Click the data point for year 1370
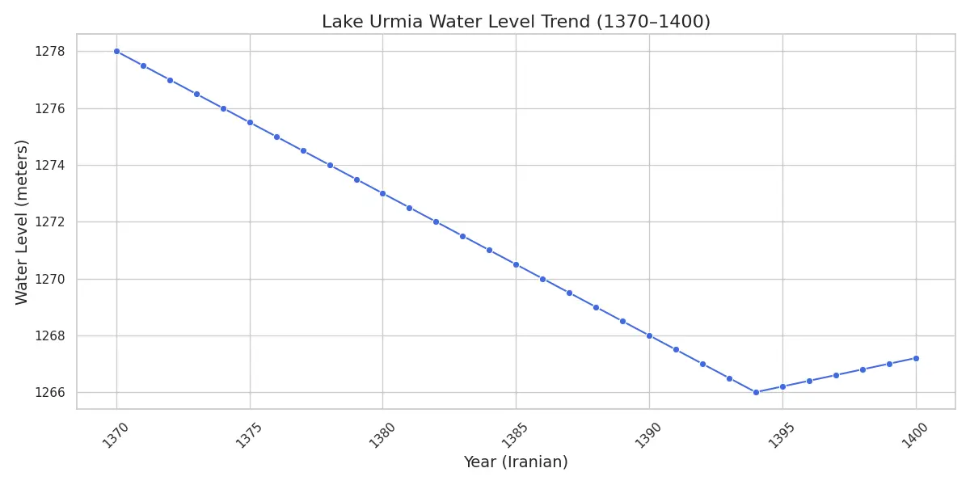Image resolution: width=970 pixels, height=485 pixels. coord(116,51)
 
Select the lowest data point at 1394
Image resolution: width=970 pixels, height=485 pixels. coord(756,392)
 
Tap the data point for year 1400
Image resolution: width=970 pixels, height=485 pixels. coord(916,358)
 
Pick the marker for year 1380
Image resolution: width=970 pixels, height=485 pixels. coord(382,193)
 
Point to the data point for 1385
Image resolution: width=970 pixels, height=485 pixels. coord(516,264)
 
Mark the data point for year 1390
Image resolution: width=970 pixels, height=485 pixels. coord(649,335)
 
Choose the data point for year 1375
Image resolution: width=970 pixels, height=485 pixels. coord(250,122)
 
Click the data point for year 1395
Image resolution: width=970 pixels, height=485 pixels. coord(782,386)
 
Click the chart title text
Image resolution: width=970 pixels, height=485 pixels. coord(516,22)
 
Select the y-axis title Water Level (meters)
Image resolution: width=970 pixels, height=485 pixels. coord(22,221)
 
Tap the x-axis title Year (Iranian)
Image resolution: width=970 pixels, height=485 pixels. coord(516,462)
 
